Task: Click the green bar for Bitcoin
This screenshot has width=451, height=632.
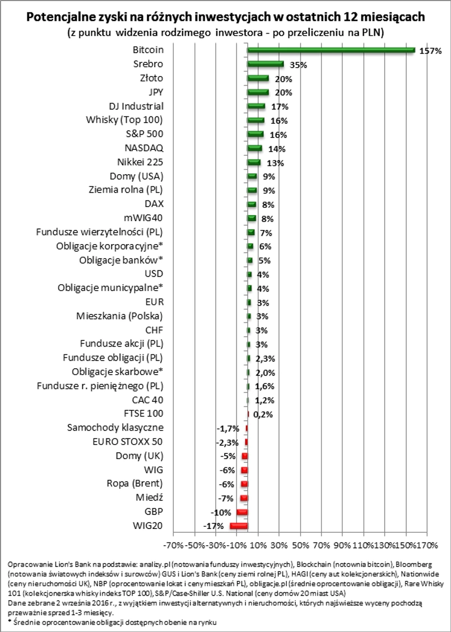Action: pos(331,50)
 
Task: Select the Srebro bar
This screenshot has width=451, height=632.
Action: pos(266,64)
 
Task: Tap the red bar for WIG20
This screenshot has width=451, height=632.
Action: pos(239,526)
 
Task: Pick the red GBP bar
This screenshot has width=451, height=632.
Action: pos(242,512)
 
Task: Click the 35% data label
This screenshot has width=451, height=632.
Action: pos(298,65)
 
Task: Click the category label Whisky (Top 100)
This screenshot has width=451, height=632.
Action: pos(124,120)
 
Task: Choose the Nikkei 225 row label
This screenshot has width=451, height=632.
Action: pos(138,162)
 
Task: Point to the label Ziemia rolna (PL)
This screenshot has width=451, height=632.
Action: pos(123,190)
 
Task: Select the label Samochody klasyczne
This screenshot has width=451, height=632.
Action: pos(115,428)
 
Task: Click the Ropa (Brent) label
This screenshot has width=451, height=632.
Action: pos(134,483)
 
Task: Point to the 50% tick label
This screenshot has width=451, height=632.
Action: pos(301,544)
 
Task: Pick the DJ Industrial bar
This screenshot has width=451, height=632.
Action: pos(256,106)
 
